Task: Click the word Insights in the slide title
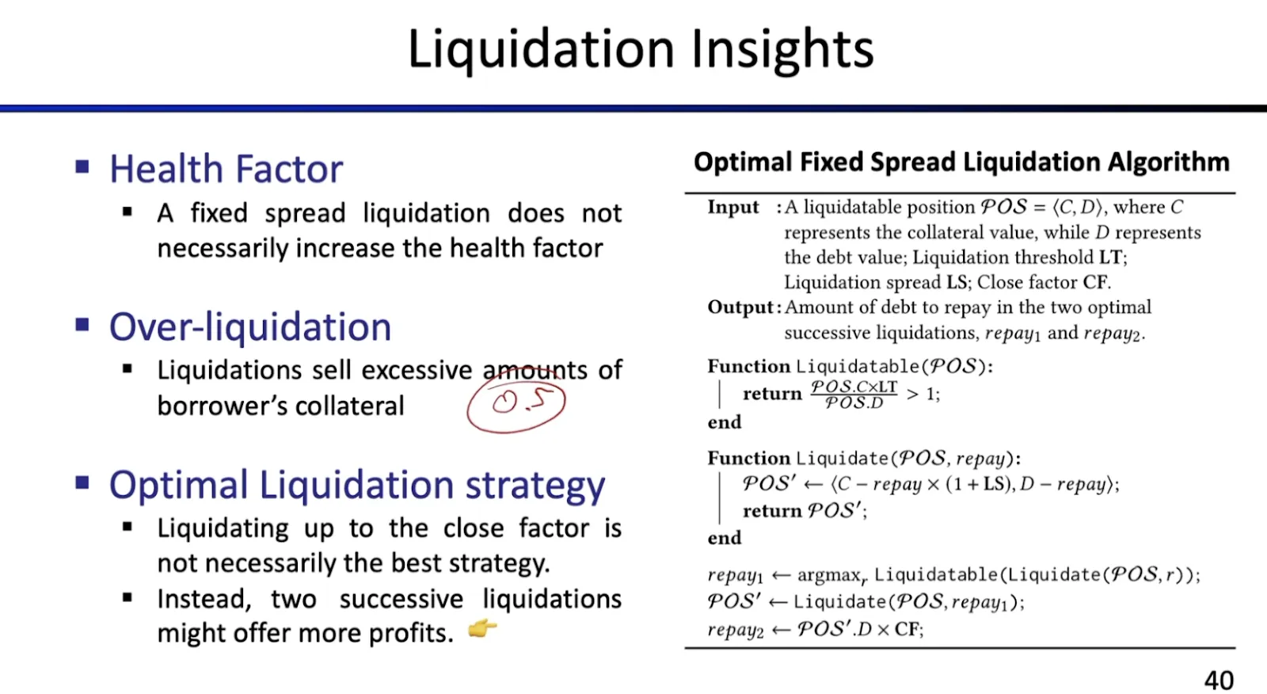pyautogui.click(x=782, y=49)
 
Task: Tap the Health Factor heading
pyautogui.click(x=226, y=169)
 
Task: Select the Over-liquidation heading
pyautogui.click(x=250, y=326)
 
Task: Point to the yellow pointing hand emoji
pyautogui.click(x=482, y=627)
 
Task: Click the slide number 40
pyautogui.click(x=1219, y=680)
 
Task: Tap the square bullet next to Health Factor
pyautogui.click(x=82, y=166)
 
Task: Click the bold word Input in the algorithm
pyautogui.click(x=733, y=208)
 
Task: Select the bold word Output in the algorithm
pyautogui.click(x=740, y=307)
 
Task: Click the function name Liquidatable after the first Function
pyautogui.click(x=858, y=367)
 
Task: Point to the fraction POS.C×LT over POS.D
pyautogui.click(x=854, y=394)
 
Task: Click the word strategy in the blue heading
pyautogui.click(x=535, y=486)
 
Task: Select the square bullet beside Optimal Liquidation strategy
pyautogui.click(x=82, y=482)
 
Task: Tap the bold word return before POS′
pyautogui.click(x=772, y=511)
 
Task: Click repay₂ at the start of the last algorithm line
pyautogui.click(x=736, y=630)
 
